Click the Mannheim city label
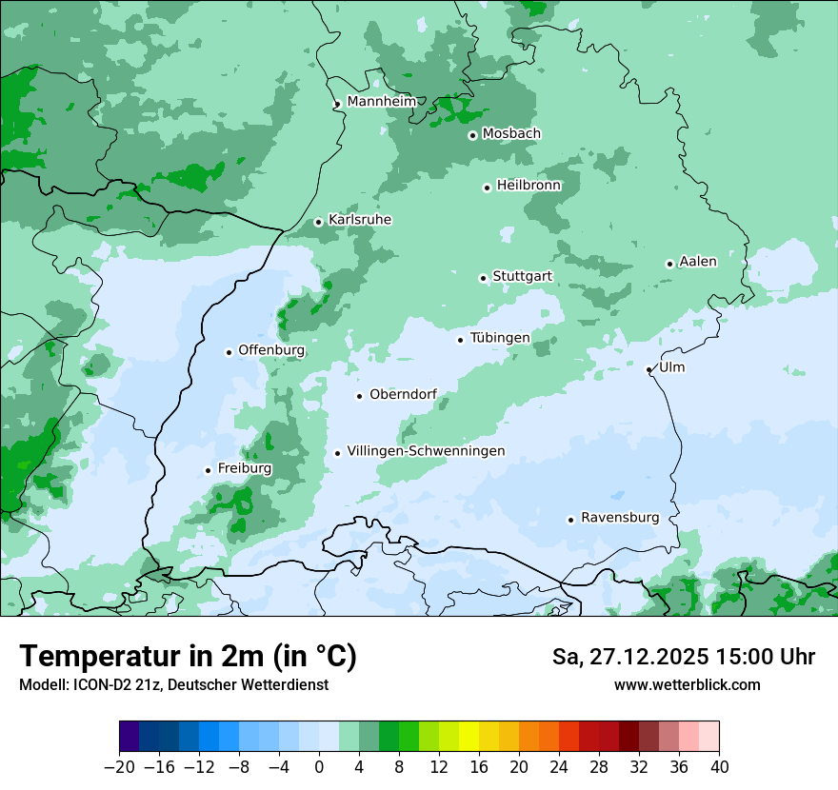pos(381,101)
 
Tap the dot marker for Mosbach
pos(472,135)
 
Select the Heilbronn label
pos(529,186)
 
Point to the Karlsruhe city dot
pos(319,222)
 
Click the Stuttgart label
pos(522,276)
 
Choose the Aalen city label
pos(697,262)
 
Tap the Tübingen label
pos(500,338)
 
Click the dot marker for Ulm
pos(649,369)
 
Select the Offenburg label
pos(271,350)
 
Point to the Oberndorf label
pos(403,394)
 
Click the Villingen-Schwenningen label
pos(426,451)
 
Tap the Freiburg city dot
pos(208,470)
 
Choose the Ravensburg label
pos(620,518)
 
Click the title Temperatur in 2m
pos(188,657)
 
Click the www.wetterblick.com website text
pos(687,684)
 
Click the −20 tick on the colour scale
pos(120,767)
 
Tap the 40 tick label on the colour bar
pos(719,767)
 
